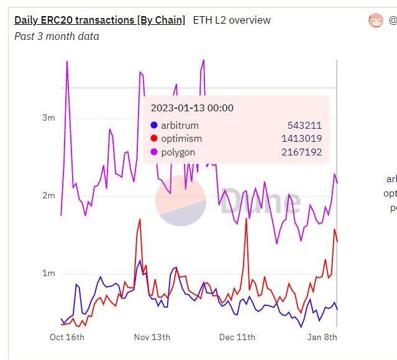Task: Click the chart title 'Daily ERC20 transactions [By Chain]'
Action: click(99, 20)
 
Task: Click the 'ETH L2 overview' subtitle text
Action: click(232, 20)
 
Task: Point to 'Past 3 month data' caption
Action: click(57, 36)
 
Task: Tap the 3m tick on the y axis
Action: click(48, 118)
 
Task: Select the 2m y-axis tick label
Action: click(48, 195)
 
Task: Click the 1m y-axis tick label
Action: click(48, 273)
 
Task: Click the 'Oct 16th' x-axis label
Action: click(67, 337)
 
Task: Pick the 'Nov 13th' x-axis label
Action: click(152, 337)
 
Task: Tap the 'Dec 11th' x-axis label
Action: click(237, 337)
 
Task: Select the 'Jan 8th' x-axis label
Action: click(322, 337)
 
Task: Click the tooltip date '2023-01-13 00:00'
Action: click(192, 108)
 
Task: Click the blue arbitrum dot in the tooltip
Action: click(154, 126)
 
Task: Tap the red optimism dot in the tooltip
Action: click(154, 139)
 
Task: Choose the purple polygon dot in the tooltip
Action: click(154, 152)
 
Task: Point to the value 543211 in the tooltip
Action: click(304, 126)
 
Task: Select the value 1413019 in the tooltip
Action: click(301, 139)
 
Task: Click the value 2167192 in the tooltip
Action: click(301, 152)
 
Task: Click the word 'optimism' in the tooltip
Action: click(181, 139)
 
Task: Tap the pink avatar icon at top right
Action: click(376, 21)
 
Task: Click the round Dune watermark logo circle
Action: click(180, 201)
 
